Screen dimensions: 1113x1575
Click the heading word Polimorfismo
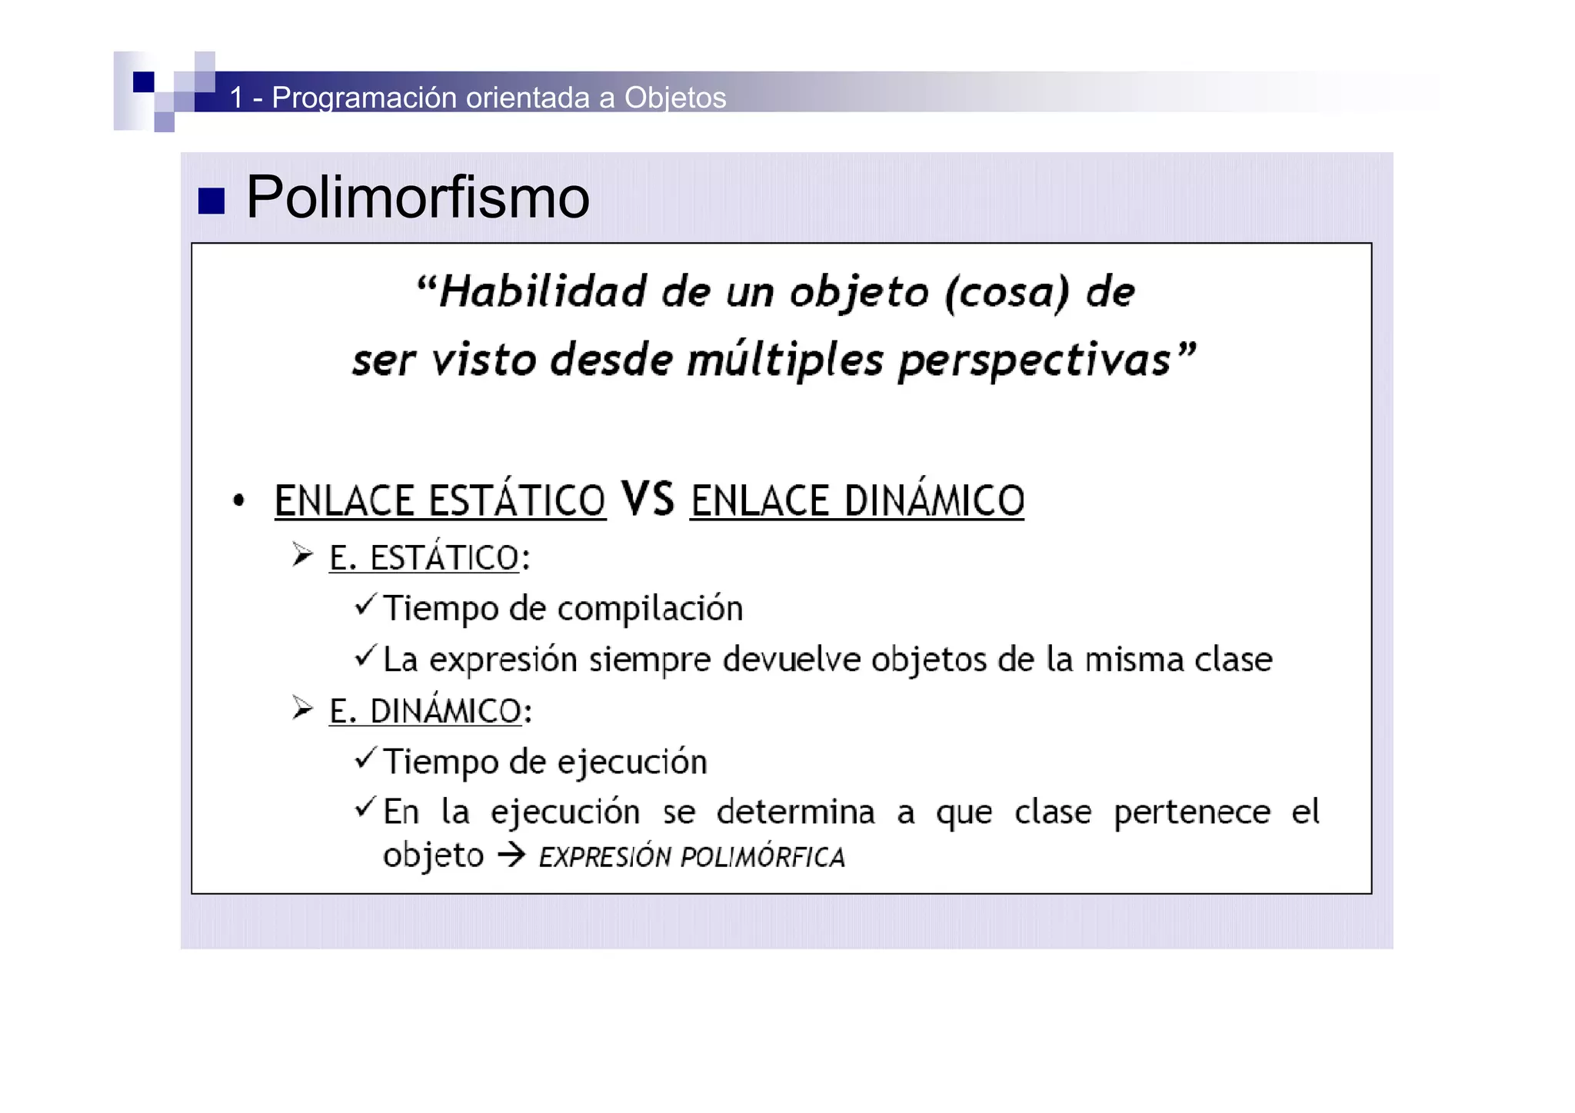point(418,198)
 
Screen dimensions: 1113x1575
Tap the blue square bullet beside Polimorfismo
point(211,201)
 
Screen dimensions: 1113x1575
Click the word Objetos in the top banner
point(675,98)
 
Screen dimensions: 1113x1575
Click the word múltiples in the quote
point(784,360)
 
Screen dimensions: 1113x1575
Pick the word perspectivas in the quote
point(1034,360)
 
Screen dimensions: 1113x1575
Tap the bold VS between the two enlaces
point(648,499)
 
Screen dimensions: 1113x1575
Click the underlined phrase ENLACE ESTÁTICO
point(440,501)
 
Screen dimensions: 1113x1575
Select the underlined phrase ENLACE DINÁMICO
point(857,501)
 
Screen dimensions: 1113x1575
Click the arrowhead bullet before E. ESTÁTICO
point(302,555)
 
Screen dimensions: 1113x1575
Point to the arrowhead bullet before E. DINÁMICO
point(302,709)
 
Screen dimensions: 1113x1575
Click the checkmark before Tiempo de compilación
point(365,606)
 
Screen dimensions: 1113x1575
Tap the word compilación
point(650,609)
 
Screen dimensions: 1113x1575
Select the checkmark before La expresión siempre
point(365,656)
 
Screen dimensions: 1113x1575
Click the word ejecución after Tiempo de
point(631,762)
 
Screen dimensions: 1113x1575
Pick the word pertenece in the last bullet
point(1192,812)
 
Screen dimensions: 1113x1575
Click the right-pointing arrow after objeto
point(511,856)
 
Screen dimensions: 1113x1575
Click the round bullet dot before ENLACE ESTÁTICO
point(239,501)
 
